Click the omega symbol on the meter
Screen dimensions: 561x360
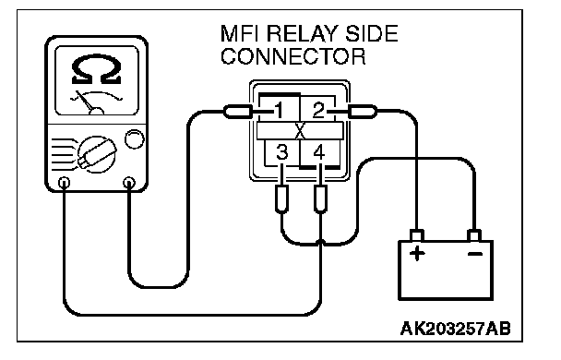(96, 69)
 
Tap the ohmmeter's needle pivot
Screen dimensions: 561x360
(96, 112)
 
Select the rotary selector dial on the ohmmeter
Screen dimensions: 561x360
(97, 154)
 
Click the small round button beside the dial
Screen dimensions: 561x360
(134, 139)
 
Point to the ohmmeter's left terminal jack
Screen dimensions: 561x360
(64, 183)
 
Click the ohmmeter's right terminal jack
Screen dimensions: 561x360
(129, 183)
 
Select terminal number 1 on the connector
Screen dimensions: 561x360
(280, 110)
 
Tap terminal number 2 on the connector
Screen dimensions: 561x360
(318, 110)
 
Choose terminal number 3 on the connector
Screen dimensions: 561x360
(282, 152)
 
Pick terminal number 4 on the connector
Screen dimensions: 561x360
(319, 152)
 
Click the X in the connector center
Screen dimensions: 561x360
(300, 131)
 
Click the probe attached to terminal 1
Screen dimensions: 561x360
(238, 112)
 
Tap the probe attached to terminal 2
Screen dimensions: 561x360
(363, 112)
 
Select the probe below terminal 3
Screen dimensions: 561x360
(282, 199)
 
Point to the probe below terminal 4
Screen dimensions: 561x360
(320, 199)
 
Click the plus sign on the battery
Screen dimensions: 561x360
(417, 254)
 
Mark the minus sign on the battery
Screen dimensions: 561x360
(475, 254)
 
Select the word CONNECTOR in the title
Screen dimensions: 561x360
(293, 56)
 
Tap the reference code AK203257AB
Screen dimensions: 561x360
(456, 328)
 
